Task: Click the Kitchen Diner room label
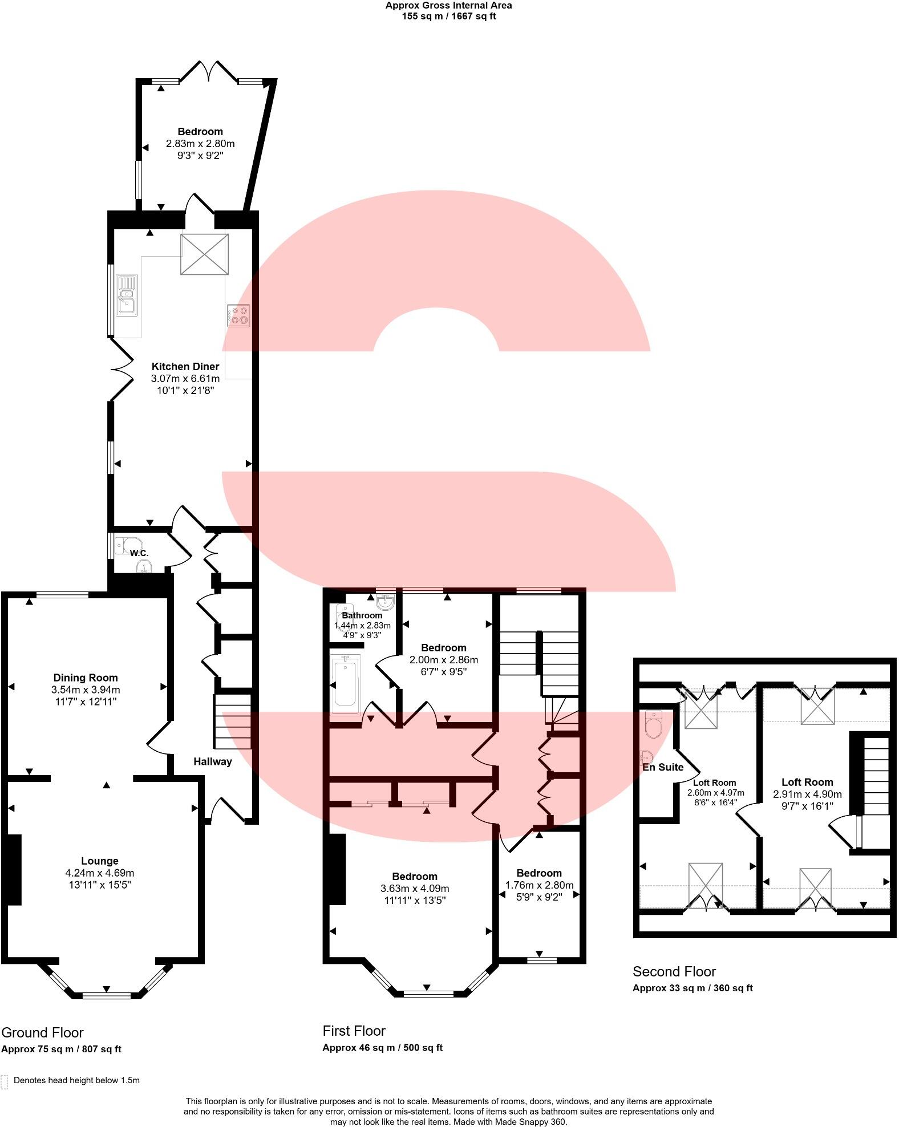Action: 185,367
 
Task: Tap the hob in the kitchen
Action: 238,315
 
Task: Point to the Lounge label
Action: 100,861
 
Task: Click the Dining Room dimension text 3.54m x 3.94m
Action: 86,690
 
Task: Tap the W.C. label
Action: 139,553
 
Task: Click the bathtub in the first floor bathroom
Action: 346,684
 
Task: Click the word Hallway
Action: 212,761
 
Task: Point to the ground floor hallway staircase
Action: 232,721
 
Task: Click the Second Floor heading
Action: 674,972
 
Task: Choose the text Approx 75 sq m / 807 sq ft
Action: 61,1049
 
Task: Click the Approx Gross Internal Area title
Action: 448,6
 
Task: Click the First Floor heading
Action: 354,1031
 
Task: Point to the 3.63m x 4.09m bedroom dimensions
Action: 415,889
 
